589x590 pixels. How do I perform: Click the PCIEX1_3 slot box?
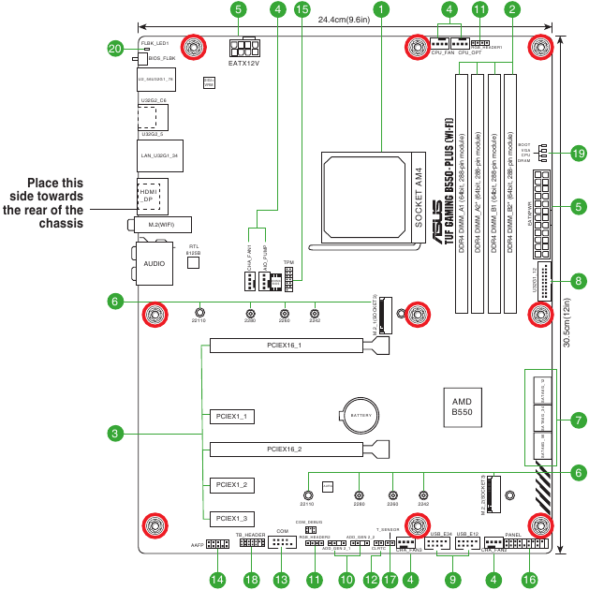click(x=230, y=518)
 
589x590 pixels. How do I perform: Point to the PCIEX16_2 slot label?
click(x=284, y=449)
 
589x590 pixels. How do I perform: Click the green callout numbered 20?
click(x=115, y=48)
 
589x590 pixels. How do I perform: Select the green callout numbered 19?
click(x=579, y=153)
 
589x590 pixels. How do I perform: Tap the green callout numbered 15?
click(x=302, y=9)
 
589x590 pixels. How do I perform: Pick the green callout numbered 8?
click(x=579, y=280)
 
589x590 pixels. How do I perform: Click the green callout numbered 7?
click(x=579, y=419)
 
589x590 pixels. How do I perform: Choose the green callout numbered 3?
click(x=115, y=434)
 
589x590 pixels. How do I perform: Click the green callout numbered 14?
click(x=217, y=581)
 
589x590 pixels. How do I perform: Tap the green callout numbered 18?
click(x=250, y=581)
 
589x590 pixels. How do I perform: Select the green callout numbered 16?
click(x=530, y=581)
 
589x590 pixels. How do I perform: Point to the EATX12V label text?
click(x=244, y=64)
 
